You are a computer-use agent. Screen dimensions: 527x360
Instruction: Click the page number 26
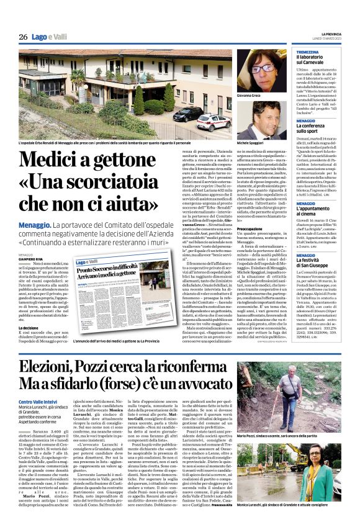coord(23,37)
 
